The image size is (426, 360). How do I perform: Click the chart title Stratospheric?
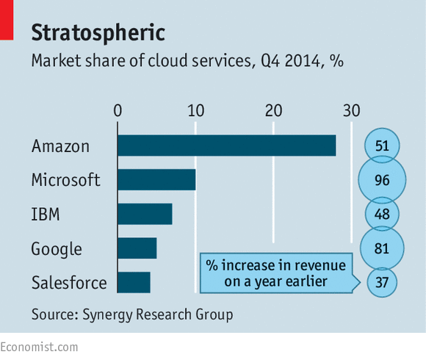point(98,32)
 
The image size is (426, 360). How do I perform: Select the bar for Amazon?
point(226,145)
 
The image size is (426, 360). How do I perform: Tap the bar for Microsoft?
point(156,180)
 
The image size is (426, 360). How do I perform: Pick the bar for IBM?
point(145,214)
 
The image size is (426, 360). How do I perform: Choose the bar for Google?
point(137,248)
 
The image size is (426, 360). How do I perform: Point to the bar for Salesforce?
point(134,282)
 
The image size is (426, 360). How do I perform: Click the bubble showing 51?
point(381,145)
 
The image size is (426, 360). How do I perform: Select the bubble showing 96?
point(381,180)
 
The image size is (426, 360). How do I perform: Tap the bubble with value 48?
point(381,214)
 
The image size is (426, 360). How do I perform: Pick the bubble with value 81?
point(381,248)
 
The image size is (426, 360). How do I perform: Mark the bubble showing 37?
point(381,282)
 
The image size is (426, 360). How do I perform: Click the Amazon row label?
point(60,146)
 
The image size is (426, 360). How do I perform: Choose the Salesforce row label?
point(68,283)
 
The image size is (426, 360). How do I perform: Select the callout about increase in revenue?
point(278,272)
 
